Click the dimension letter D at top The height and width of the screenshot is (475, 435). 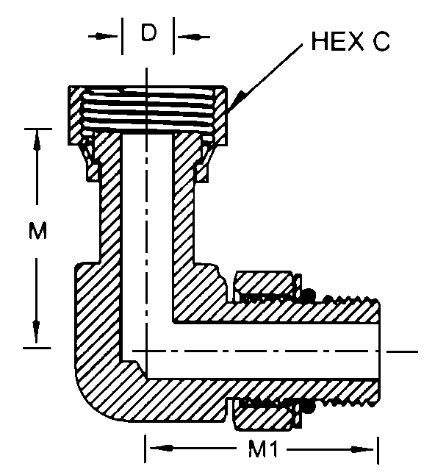(148, 32)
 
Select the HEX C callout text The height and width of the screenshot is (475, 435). (350, 41)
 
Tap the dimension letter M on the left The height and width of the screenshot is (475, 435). (37, 231)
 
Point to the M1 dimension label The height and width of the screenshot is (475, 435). (263, 449)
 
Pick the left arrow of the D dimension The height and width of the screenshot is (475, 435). (103, 37)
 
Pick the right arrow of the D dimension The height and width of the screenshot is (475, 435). (194, 37)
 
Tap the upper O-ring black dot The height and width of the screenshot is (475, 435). (309, 294)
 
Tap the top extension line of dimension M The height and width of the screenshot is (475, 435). (37, 129)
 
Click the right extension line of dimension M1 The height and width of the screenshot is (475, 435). (378, 450)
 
